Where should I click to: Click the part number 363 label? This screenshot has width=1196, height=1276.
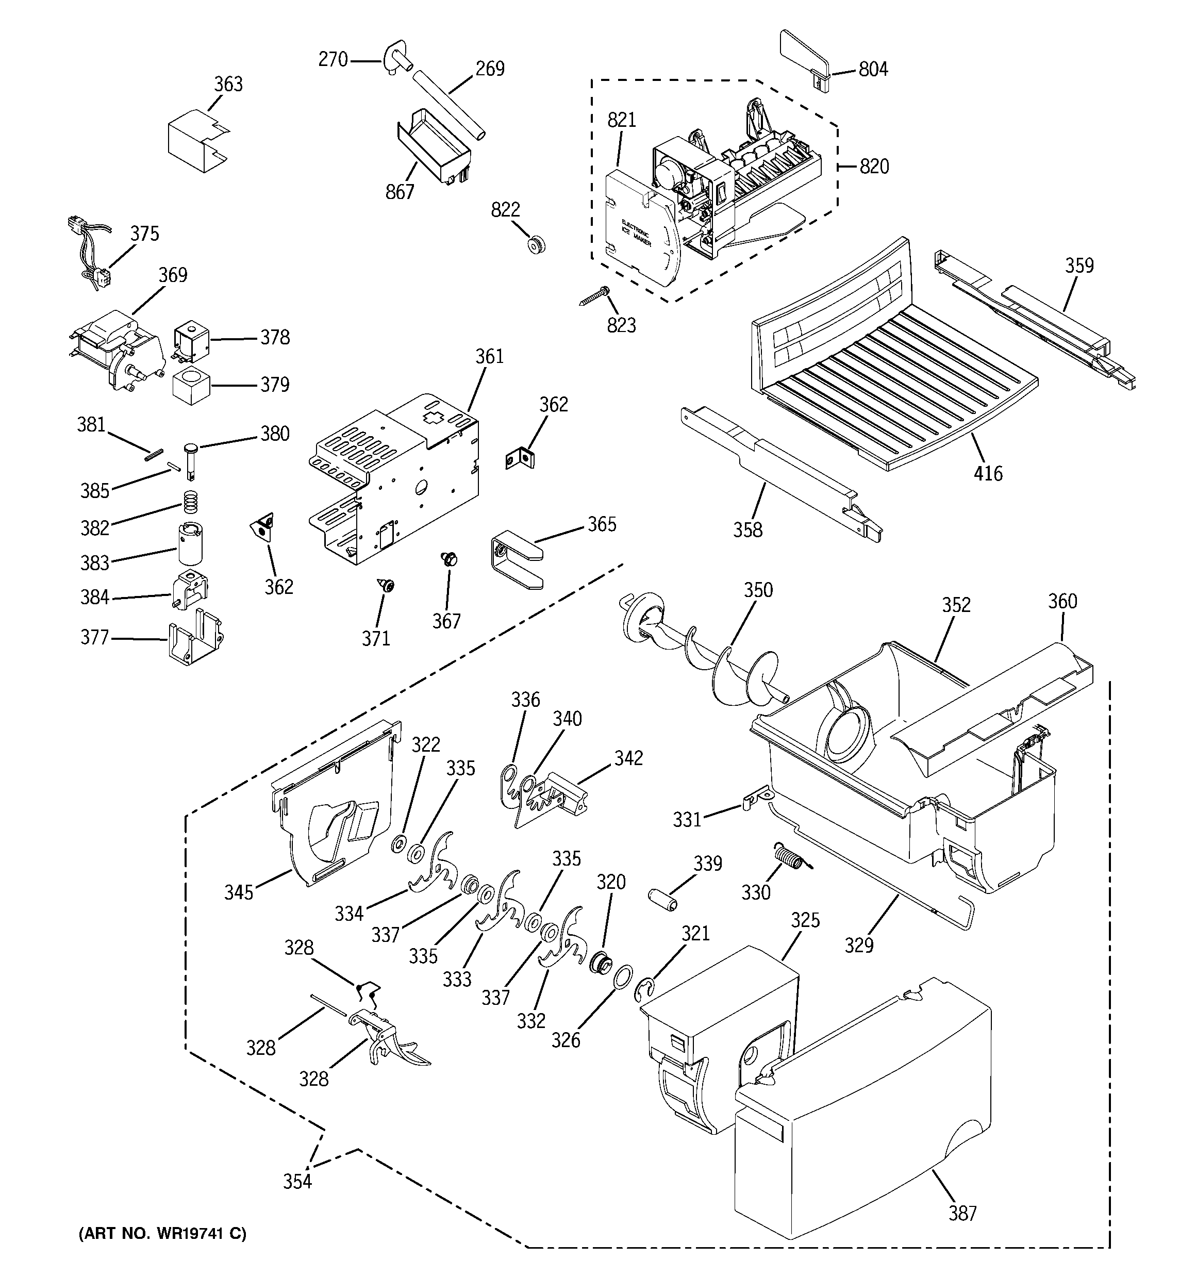point(228,84)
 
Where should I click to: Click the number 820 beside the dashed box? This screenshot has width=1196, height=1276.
point(874,167)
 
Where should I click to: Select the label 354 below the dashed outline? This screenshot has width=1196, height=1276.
point(298,1182)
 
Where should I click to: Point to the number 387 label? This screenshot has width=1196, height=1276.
point(962,1214)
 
